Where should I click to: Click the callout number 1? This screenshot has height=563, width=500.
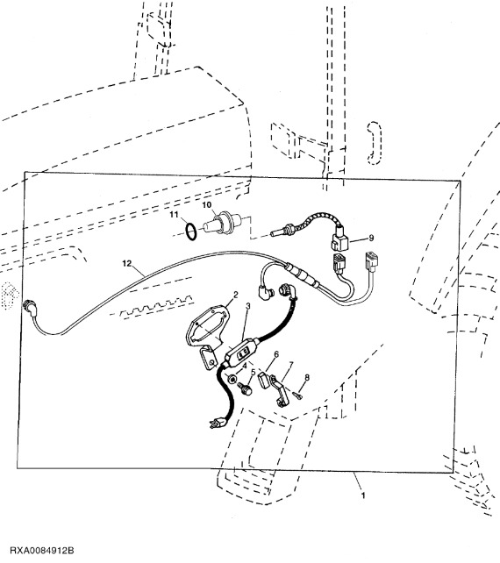[363, 495]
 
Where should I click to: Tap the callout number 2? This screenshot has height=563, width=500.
[236, 295]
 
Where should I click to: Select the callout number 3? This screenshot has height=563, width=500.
[248, 306]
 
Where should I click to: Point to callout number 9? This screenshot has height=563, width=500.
[371, 238]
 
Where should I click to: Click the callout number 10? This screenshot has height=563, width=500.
[207, 205]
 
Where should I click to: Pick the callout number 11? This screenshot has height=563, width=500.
[174, 215]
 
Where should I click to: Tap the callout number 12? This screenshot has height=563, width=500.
[127, 264]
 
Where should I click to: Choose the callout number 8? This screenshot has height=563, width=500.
[306, 377]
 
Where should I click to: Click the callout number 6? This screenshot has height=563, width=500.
[276, 354]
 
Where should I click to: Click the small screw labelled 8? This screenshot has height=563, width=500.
[297, 396]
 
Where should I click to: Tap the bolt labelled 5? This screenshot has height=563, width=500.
[245, 388]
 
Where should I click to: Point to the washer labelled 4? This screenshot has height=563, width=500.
[232, 379]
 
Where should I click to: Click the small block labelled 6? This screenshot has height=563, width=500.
[264, 381]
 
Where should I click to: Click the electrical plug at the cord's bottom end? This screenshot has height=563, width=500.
[218, 424]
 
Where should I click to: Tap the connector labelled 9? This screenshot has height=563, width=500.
[339, 239]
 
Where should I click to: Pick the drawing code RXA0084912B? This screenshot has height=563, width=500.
[41, 550]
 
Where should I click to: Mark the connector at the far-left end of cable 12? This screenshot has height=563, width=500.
[28, 306]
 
